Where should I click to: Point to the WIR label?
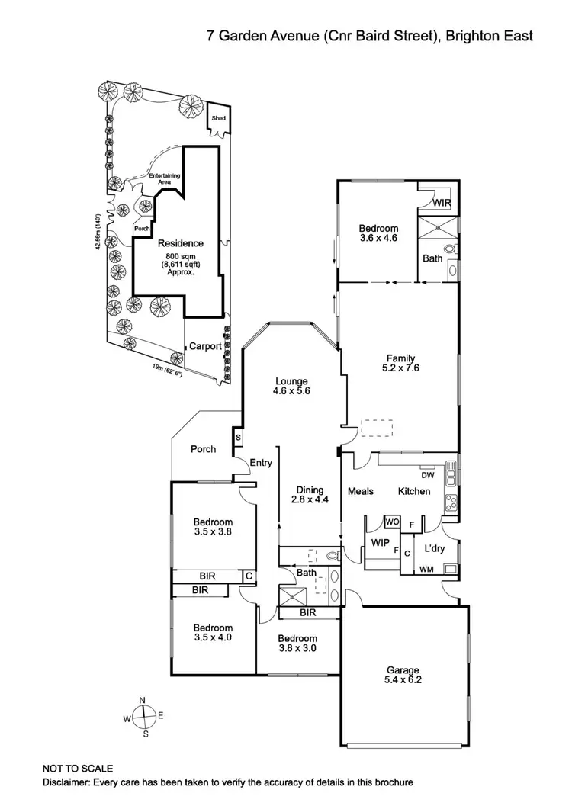coord(442,204)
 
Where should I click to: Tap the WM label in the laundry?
coord(427,568)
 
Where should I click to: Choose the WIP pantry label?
coord(380,543)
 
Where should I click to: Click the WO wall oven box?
coord(392,522)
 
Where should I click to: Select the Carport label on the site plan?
coord(205,345)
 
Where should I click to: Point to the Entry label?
coord(260,462)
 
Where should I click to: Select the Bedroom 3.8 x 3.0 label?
coord(297,644)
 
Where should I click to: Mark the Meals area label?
coord(361,491)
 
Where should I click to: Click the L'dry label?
coord(434,548)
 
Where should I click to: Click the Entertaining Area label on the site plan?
coord(165,178)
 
